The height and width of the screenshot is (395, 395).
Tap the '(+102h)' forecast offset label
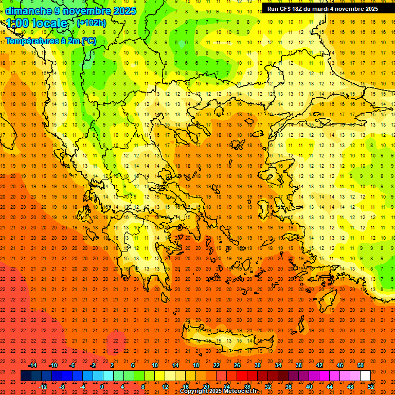point(92,23)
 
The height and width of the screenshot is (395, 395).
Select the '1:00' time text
point(17,23)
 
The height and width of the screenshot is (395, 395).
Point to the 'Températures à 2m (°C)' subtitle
point(50,41)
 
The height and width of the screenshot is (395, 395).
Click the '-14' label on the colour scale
point(32,365)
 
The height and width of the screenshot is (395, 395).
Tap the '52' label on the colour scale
point(371,387)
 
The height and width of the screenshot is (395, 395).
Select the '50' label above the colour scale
point(360,365)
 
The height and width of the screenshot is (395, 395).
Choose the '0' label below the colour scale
point(102,387)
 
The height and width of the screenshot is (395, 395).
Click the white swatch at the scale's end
point(365,376)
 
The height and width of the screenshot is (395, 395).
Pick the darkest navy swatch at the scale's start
point(26,376)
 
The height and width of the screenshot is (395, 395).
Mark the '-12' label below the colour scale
point(43,387)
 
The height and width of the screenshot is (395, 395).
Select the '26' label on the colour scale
point(237,365)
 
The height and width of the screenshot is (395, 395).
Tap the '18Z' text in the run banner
point(300,9)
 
